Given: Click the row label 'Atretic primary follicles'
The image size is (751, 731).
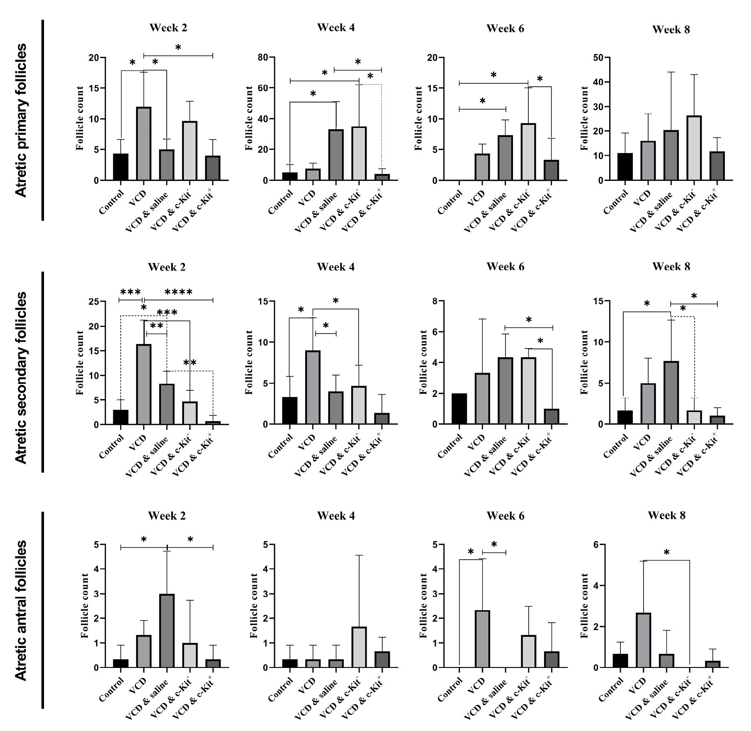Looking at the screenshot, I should [21, 120].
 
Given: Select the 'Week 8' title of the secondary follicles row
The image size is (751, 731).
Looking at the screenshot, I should [671, 267].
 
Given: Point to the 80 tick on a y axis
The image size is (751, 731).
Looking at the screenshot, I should [262, 57].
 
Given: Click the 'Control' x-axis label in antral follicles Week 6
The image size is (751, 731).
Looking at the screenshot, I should [450, 690].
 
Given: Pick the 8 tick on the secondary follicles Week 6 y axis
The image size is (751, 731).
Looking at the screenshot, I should [435, 302].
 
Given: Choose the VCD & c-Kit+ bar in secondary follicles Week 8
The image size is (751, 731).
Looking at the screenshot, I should [717, 419].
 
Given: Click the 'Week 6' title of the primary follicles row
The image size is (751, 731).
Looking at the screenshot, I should [505, 29].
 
